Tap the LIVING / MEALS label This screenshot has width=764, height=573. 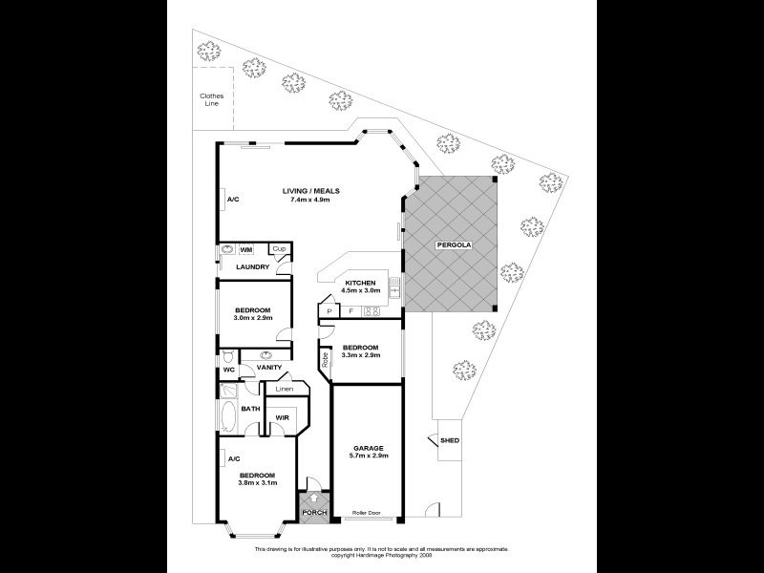[x=310, y=191]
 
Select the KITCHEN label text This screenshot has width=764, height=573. [x=360, y=283]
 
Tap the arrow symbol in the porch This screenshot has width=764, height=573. [x=314, y=499]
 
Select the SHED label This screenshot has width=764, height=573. [x=449, y=440]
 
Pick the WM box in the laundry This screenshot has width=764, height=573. [x=245, y=249]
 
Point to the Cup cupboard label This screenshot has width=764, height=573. [x=279, y=249]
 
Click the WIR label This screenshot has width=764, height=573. [x=283, y=417]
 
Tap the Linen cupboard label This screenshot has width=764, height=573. [x=285, y=389]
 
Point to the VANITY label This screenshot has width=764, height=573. [x=269, y=368]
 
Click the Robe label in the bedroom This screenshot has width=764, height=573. [x=325, y=361]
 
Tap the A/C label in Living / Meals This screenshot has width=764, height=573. [x=232, y=200]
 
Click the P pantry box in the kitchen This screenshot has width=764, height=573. [x=329, y=311]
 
